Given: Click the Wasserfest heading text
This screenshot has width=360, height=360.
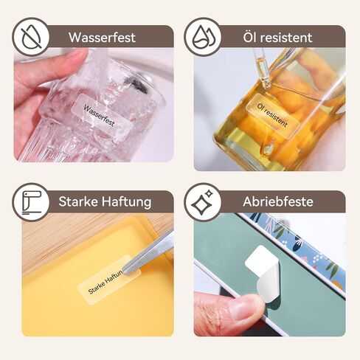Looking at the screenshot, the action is click(102, 38).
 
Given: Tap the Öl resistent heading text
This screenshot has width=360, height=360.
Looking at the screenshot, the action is click(277, 38).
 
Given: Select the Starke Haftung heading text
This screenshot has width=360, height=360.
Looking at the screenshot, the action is click(105, 202).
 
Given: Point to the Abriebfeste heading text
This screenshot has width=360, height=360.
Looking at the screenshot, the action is click(278, 201).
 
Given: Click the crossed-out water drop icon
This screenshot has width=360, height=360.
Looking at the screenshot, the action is click(31, 37).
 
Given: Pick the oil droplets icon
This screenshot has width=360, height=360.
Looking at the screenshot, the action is click(203, 37).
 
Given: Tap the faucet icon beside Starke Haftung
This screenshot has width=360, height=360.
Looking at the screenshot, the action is click(31, 202).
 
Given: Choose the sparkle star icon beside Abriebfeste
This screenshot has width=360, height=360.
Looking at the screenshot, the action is click(202, 201).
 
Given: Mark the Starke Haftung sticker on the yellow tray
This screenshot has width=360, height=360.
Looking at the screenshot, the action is click(109, 280).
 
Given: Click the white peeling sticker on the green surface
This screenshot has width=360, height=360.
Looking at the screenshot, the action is click(264, 275).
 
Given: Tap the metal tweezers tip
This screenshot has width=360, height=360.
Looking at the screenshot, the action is click(125, 270).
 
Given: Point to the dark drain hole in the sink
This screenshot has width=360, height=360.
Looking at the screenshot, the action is click(139, 86).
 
